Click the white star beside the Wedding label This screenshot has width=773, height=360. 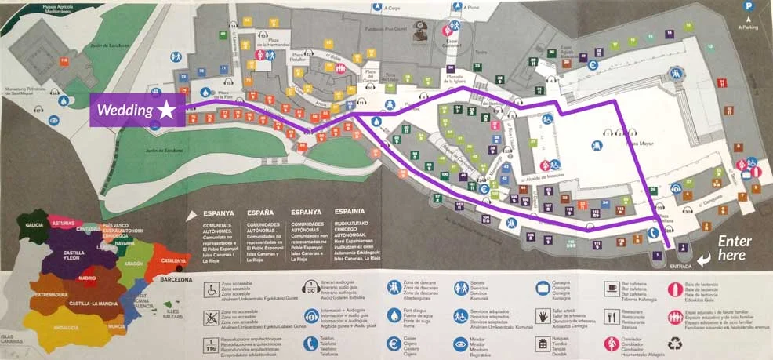pyautogui.click(x=165, y=111)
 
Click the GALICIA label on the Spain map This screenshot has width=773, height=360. pyautogui.click(x=34, y=224)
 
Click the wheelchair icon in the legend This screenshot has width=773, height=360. pyautogui.click(x=210, y=289)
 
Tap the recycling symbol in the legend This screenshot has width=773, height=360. pyautogui.click(x=675, y=344)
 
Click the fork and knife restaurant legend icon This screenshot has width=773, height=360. pyautogui.click(x=612, y=316)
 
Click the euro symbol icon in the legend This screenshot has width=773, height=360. pyautogui.click(x=394, y=343)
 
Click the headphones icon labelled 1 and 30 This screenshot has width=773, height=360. pyautogui.click(x=311, y=288)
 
